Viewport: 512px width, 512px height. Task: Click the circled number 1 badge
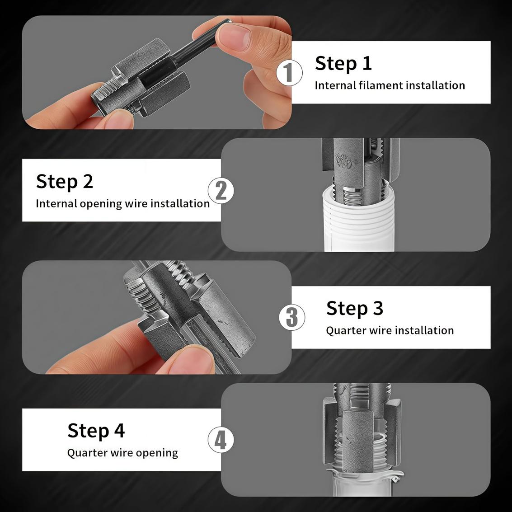289,73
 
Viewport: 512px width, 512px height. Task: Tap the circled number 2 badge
221,190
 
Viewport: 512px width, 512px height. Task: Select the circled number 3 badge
291,317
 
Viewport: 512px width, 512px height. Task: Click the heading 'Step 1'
343,63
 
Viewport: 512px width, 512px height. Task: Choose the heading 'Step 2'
64,181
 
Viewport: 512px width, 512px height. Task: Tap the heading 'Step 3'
354,308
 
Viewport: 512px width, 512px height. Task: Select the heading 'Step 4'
96,430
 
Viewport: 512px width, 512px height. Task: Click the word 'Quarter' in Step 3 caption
346,330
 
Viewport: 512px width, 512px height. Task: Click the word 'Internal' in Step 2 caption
56,204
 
